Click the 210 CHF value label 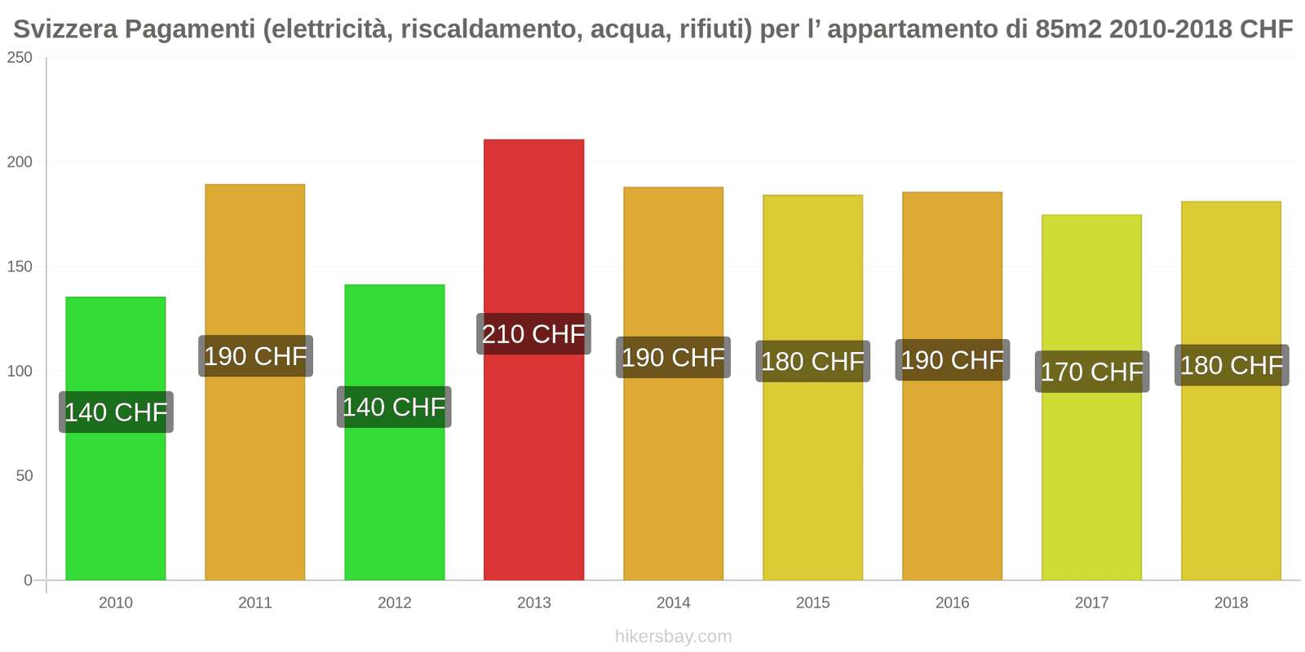tap(533, 334)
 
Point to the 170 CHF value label tap(1091, 372)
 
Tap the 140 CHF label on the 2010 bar tap(116, 412)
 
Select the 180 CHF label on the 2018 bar tap(1232, 365)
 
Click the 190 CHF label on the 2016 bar tap(953, 360)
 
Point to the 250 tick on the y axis tap(20, 58)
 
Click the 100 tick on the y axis tap(20, 372)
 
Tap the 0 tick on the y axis tap(28, 580)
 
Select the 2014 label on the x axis tap(674, 603)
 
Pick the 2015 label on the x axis tap(813, 603)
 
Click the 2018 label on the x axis tap(1232, 603)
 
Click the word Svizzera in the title tap(66, 29)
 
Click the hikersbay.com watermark tap(674, 637)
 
